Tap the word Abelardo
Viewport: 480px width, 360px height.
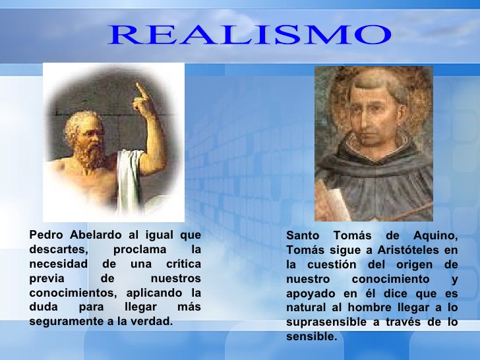[x=96, y=234]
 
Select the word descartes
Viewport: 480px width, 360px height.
[x=58, y=249]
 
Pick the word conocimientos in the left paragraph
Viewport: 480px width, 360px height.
[x=71, y=293]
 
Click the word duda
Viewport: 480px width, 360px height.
[x=43, y=307]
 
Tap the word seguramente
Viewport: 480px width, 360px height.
[x=65, y=322]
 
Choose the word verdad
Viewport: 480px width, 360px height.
[x=152, y=322]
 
